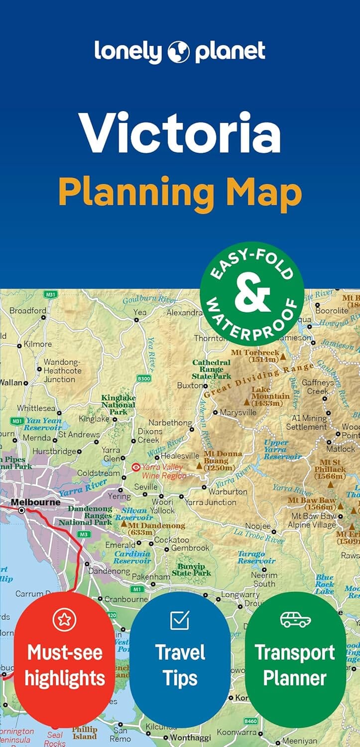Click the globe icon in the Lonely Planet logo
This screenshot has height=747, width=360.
(x=179, y=52)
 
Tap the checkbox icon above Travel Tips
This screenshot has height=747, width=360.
(x=180, y=620)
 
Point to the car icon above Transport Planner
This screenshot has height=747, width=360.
(x=295, y=620)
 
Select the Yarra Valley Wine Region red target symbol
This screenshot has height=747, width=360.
(x=135, y=468)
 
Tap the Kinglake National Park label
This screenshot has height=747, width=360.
(x=119, y=405)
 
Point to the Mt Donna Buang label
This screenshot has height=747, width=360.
(x=223, y=461)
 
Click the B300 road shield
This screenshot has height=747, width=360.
(x=143, y=379)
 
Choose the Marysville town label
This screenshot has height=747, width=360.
(x=238, y=412)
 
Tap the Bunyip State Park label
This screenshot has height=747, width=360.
(x=191, y=570)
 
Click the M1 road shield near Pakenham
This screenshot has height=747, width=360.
(x=138, y=589)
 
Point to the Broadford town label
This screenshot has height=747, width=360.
(x=28, y=310)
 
